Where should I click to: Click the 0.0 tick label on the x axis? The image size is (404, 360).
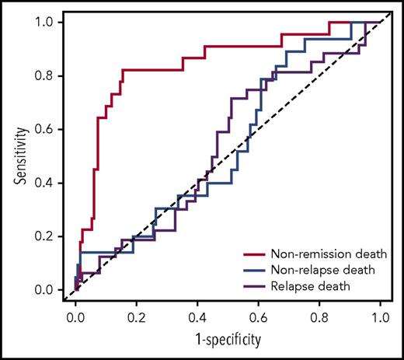coord(76,317)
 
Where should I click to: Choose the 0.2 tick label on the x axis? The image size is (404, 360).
coord(137,317)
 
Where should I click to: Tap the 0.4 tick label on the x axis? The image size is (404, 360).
coord(197,317)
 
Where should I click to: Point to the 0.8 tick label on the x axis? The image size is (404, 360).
coord(319,317)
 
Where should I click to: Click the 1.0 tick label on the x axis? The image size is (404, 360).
coord(380,317)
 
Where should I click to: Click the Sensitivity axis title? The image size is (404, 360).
coord(18,156)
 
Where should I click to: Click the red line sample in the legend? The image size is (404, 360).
coord(252,254)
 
